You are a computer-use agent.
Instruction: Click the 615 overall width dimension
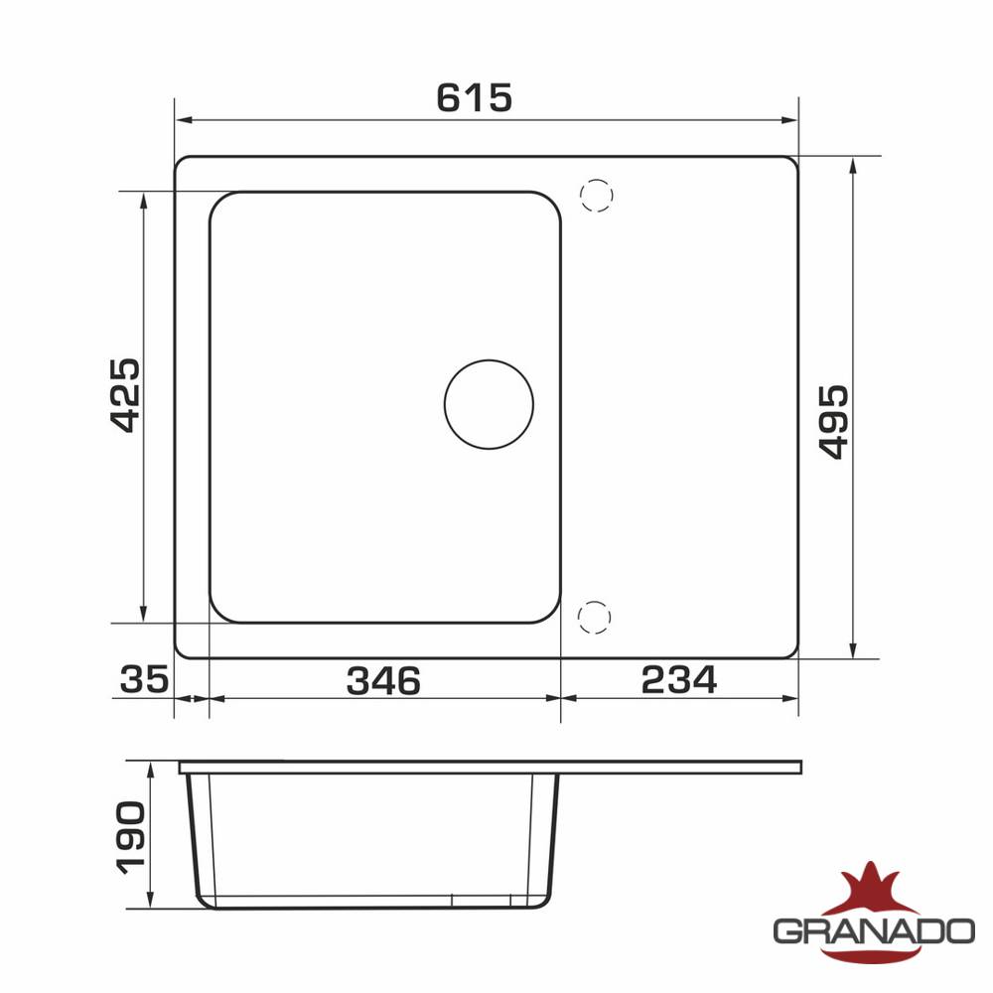click(475, 98)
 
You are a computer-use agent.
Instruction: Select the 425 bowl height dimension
click(125, 395)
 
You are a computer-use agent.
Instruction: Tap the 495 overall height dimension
click(833, 422)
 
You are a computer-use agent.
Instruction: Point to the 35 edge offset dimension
click(144, 679)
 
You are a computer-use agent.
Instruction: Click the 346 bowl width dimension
click(383, 681)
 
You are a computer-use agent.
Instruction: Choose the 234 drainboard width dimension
click(679, 679)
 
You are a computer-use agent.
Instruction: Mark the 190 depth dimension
click(131, 838)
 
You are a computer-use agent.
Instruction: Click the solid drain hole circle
click(489, 405)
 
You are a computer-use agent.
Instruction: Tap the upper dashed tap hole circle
click(597, 195)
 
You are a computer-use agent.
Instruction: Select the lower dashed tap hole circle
click(595, 618)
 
